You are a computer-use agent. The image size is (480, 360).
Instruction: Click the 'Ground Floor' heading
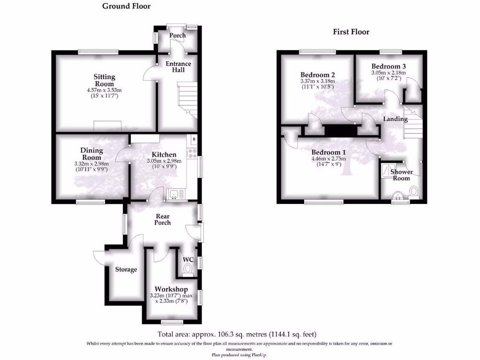coord(126,6)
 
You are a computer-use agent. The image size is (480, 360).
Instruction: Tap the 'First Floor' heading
coord(351,32)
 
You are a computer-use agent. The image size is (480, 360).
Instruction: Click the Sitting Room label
coord(104,80)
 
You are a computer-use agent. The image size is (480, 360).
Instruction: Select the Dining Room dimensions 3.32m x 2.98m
coord(91,164)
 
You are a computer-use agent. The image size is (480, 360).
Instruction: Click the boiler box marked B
coord(194,139)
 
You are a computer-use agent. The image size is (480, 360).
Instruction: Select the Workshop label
coord(171,289)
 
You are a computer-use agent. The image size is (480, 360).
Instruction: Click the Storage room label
coord(126,270)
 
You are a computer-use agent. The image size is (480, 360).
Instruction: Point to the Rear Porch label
coord(163,219)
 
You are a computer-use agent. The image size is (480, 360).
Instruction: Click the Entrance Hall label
coord(178,67)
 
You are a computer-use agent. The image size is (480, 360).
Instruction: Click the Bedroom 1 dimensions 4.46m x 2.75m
coord(329,158)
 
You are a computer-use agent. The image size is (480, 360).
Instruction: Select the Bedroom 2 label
coord(317,75)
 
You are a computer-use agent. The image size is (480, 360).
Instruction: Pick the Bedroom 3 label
coord(389,67)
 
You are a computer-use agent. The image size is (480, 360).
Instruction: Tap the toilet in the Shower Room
coord(413,192)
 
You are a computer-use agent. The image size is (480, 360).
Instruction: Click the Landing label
coord(395,119)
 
